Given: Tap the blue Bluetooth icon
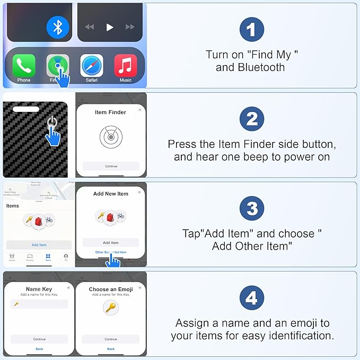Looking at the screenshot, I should point(58,27).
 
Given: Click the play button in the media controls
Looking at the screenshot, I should point(110,27).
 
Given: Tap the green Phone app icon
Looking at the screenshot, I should point(24,66).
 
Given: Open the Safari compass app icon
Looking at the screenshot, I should point(92,66).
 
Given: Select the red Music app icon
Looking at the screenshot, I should point(126,66).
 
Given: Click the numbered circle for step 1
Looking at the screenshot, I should point(252,30).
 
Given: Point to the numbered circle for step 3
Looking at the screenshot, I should point(252,209).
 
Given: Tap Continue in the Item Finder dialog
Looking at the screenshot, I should point(111,166).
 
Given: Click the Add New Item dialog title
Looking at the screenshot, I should point(111,194).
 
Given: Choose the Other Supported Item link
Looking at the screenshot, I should point(111,252).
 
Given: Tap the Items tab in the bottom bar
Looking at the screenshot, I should point(48,257).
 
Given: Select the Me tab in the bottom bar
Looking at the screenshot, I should point(66,257).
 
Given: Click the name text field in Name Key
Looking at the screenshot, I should point(39,304).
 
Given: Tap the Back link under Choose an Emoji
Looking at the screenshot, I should point(111,349).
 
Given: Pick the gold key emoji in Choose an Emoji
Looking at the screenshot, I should point(111,307).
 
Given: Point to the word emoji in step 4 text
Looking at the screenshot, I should point(296,323).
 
